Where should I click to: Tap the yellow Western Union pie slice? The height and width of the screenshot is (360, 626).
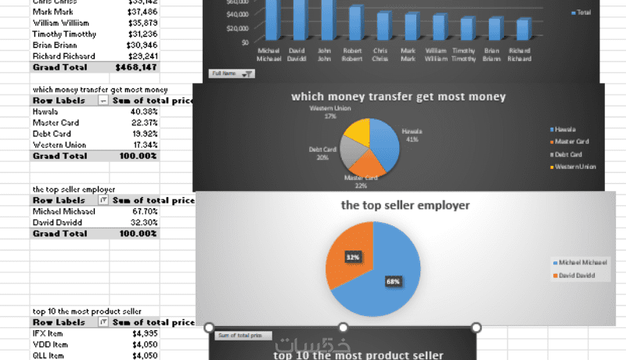(358, 132)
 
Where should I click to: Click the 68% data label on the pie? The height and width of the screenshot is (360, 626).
(392, 280)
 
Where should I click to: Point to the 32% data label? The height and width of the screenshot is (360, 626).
(354, 256)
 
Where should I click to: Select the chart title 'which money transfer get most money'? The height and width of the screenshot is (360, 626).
(398, 97)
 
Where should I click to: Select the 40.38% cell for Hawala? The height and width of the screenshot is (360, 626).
(145, 112)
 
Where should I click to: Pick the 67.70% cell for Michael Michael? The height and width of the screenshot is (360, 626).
(145, 211)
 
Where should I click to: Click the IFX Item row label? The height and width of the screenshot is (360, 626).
(49, 333)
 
